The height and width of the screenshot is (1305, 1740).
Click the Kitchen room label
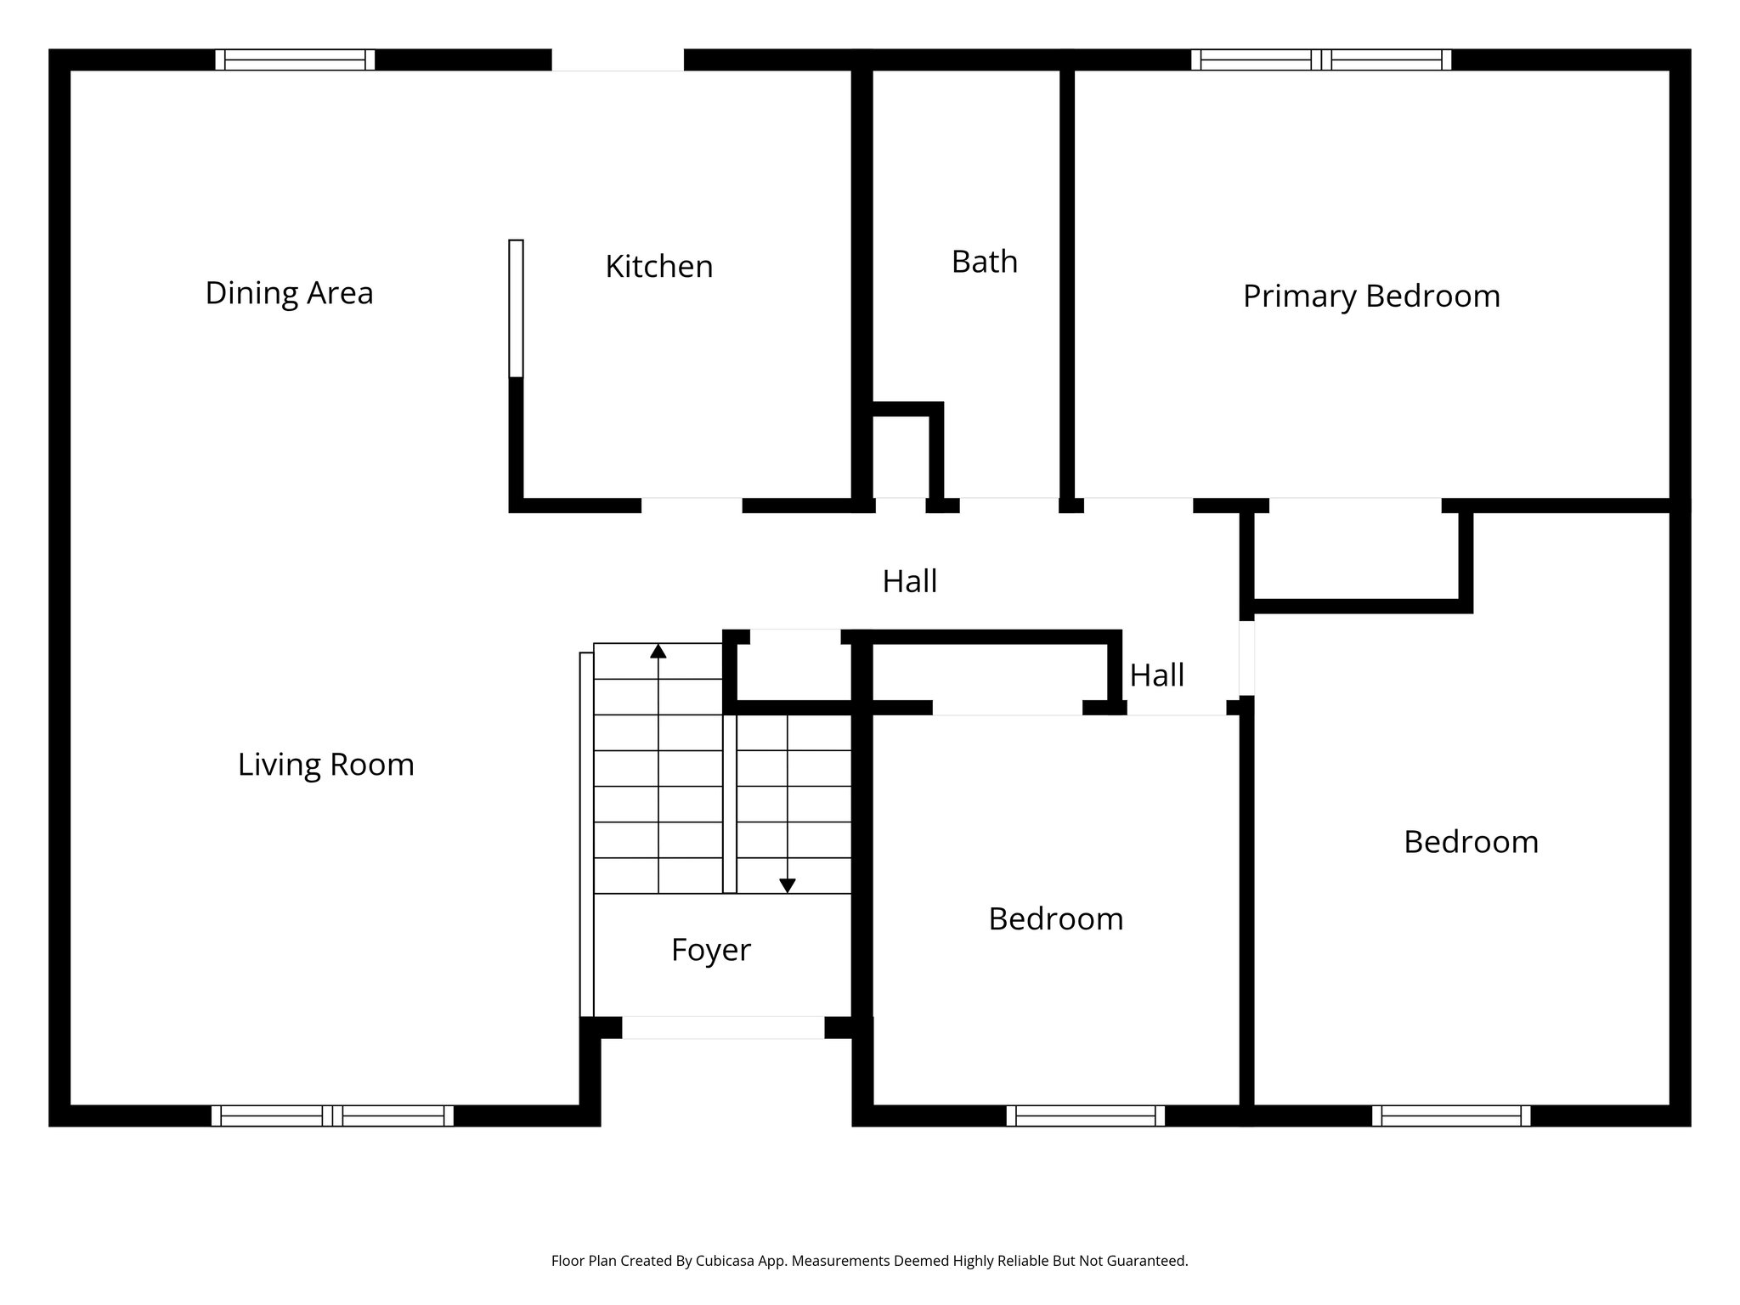[658, 267]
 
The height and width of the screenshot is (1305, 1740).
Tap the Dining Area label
[289, 293]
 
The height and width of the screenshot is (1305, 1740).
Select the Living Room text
[325, 765]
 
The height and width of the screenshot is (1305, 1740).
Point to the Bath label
[984, 262]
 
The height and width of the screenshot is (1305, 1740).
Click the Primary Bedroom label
[1370, 297]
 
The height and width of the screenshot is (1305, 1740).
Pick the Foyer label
[710, 950]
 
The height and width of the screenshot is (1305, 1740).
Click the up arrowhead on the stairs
[658, 652]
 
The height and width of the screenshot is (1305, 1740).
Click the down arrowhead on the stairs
[788, 885]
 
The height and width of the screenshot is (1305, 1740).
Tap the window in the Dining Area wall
[295, 59]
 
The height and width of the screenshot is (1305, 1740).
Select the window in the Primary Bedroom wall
[1320, 59]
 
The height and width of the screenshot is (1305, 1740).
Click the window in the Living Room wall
[332, 1116]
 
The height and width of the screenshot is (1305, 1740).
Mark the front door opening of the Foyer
[723, 1027]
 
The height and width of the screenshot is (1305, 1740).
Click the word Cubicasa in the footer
[726, 1261]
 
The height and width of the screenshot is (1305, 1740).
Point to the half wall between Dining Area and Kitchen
[516, 308]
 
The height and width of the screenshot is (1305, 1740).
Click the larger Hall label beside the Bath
[909, 582]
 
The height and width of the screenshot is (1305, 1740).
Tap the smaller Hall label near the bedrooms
[1156, 676]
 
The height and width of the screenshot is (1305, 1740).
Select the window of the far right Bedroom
[1450, 1116]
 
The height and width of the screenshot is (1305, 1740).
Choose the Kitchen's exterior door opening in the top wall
[618, 59]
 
